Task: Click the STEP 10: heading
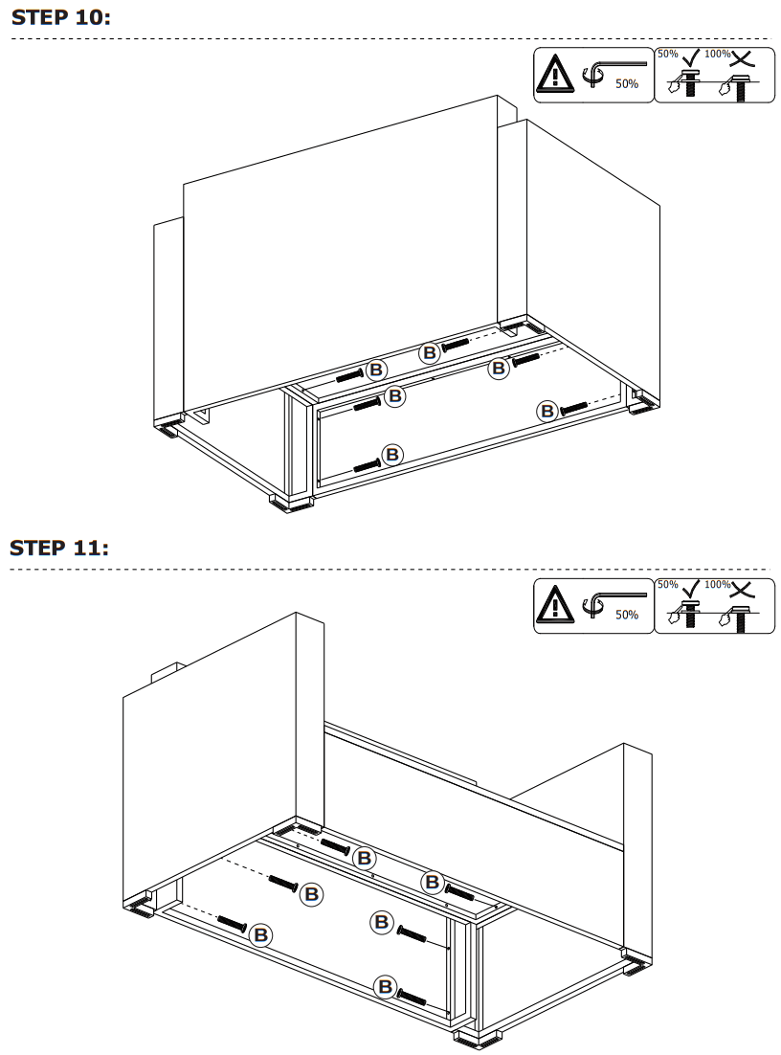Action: coord(61,17)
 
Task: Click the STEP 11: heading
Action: coord(59,548)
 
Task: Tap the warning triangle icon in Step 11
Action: coord(552,605)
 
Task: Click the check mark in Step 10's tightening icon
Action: coord(690,56)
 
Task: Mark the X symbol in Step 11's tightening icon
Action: coord(741,587)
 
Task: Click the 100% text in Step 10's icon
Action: coord(717,54)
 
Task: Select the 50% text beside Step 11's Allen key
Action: coord(627,616)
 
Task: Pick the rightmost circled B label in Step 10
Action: coord(547,411)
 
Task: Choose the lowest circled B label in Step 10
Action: coord(392,454)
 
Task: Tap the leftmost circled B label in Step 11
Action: coord(259,934)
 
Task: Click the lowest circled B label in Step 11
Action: coord(386,986)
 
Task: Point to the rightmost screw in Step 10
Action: coord(574,408)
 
